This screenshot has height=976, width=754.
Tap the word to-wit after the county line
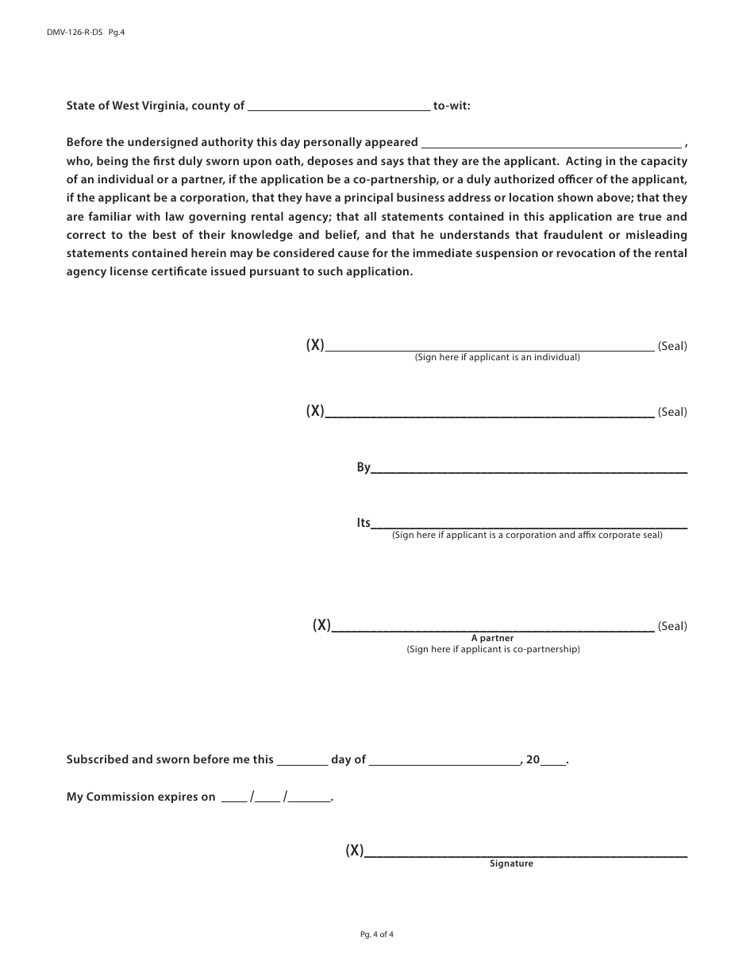[x=452, y=105]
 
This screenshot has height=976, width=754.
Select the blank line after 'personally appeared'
[x=551, y=144]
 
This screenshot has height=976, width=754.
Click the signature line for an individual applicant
[x=490, y=347]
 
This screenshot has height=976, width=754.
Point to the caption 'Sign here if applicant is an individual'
[x=497, y=358]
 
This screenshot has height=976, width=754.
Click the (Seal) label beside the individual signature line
[x=672, y=346]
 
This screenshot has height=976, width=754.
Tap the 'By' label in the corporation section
[x=364, y=468]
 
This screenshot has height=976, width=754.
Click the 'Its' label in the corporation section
[x=364, y=523]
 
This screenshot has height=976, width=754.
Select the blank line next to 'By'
[x=529, y=470]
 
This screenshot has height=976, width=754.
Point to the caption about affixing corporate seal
[x=527, y=536]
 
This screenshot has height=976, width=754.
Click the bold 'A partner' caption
[x=492, y=638]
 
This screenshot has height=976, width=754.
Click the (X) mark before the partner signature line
[x=321, y=625]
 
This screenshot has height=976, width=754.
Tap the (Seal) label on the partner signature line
[x=672, y=626]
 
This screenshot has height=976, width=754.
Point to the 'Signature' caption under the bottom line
[x=511, y=863]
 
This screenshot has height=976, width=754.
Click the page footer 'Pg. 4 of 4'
[x=377, y=934]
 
